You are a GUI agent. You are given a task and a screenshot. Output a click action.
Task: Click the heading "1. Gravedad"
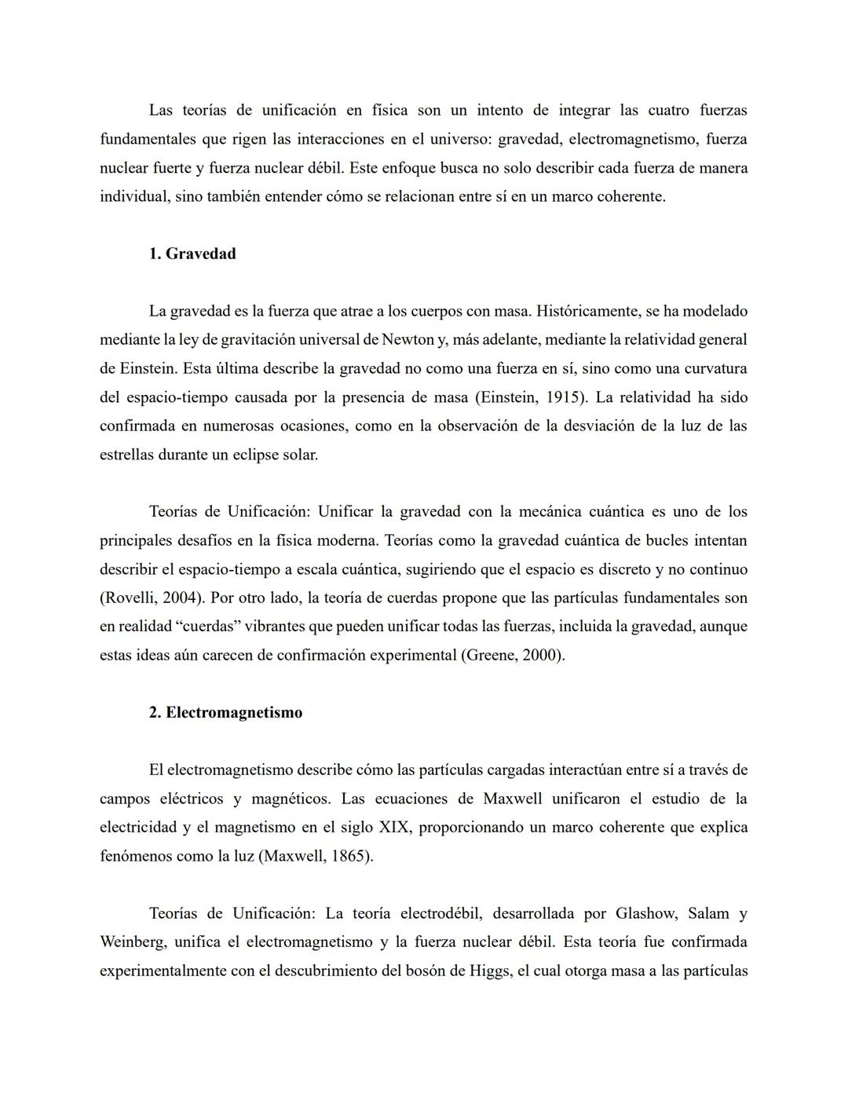(192, 254)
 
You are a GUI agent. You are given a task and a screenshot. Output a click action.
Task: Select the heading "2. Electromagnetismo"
(225, 712)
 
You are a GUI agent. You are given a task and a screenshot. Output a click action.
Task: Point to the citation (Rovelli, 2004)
(152, 598)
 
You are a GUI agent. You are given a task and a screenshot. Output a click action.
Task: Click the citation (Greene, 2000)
(512, 655)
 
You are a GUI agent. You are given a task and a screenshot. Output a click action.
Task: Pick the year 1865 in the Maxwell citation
(349, 856)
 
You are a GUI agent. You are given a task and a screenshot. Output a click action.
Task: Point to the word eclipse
(258, 455)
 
